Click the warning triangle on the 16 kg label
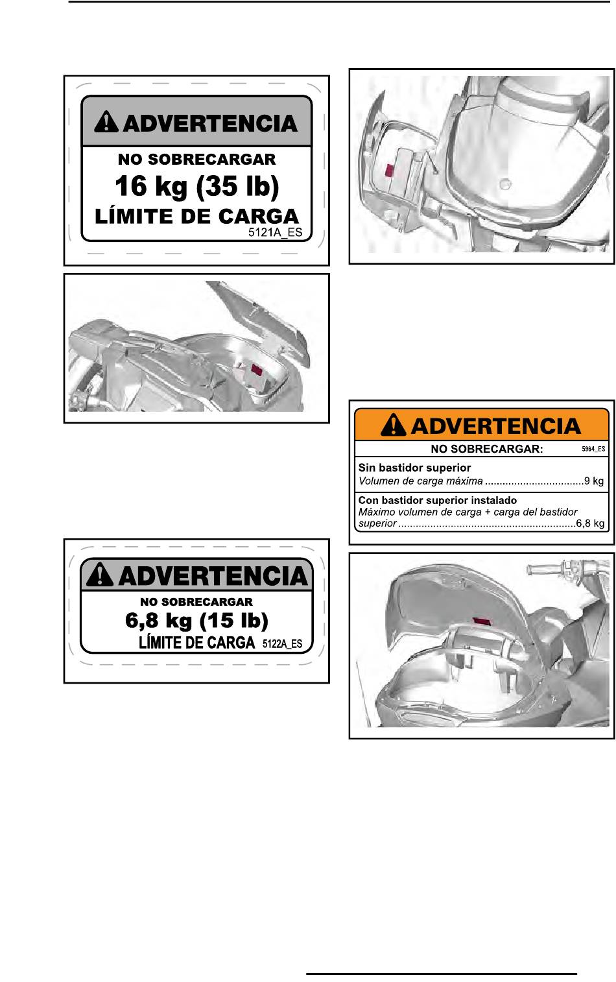(x=106, y=122)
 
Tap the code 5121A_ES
(x=275, y=232)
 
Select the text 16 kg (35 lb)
(x=196, y=186)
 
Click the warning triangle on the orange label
(x=393, y=425)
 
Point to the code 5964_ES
(x=593, y=449)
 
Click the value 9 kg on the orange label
(x=594, y=481)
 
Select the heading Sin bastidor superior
(x=414, y=468)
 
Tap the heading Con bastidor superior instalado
(x=438, y=500)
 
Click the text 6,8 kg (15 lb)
(x=196, y=620)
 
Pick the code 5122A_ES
(x=282, y=643)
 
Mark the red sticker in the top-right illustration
(x=388, y=171)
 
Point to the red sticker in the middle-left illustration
(x=256, y=370)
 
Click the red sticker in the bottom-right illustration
(x=482, y=621)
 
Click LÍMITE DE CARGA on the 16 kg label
(x=196, y=217)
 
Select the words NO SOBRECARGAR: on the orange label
(x=487, y=449)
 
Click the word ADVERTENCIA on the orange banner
(x=496, y=426)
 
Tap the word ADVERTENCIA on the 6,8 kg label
(x=213, y=576)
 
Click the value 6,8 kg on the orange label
(x=590, y=523)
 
